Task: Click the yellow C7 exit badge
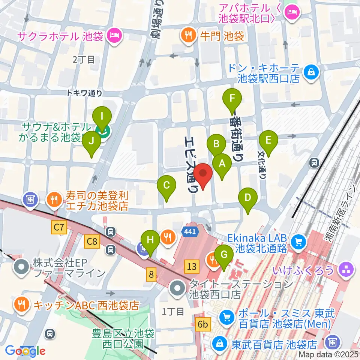(59, 226)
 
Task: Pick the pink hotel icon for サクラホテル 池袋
(113, 36)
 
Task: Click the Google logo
(25, 351)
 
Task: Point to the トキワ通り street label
(84, 93)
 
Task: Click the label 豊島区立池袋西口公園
(123, 338)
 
